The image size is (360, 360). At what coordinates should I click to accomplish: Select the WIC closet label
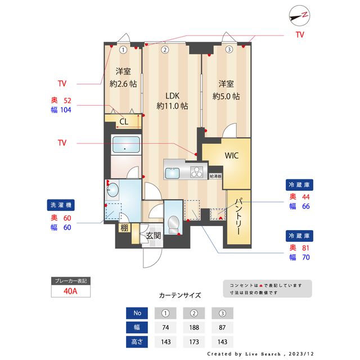pyautogui.click(x=232, y=156)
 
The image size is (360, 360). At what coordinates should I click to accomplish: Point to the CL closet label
pyautogui.click(x=124, y=121)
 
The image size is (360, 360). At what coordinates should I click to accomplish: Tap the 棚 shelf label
pyautogui.click(x=124, y=228)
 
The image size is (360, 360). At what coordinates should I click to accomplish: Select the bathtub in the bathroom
pyautogui.click(x=127, y=145)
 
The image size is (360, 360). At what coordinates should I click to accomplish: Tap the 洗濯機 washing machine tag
pyautogui.click(x=61, y=206)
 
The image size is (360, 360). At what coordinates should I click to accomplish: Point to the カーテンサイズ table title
pyautogui.click(x=179, y=295)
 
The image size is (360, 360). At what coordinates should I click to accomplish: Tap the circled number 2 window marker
pyautogui.click(x=165, y=49)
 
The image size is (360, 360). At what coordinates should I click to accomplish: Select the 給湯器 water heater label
pyautogui.click(x=215, y=176)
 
